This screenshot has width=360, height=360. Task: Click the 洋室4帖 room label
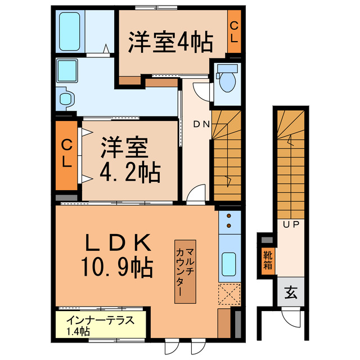(x=170, y=43)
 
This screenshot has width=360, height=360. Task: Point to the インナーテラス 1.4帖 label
(x=100, y=326)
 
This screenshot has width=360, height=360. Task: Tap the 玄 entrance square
(x=290, y=292)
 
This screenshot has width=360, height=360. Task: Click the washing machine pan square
(x=70, y=71)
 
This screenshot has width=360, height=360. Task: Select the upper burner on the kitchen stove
(x=229, y=215)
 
